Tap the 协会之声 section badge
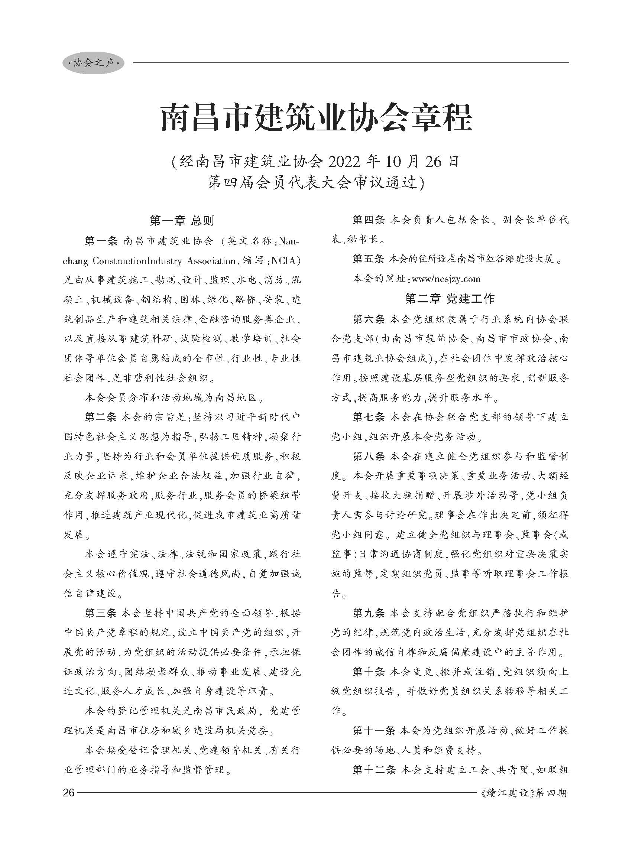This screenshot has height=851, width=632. point(94,63)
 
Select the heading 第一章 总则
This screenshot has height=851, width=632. point(182,221)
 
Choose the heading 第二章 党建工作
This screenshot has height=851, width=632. point(450,299)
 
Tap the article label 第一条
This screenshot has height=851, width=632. point(101,241)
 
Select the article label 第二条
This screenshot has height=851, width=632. point(101,417)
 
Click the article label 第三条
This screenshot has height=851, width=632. point(101,613)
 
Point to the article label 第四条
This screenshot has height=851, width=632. point(369,220)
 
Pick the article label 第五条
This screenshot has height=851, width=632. point(369,259)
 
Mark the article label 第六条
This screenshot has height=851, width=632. point(369,319)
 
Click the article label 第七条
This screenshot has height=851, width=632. point(369,417)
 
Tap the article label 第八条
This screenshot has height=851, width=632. point(369,456)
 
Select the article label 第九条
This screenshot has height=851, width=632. point(369,613)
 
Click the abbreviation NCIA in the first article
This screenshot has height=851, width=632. point(283,261)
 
